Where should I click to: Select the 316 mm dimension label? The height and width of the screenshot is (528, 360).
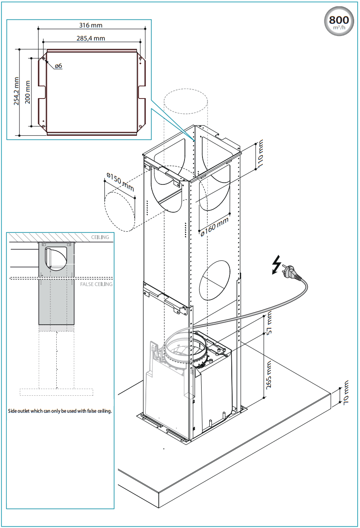(90, 25)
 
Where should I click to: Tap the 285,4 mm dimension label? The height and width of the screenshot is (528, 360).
(90, 38)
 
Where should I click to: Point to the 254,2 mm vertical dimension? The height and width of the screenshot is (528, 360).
(16, 91)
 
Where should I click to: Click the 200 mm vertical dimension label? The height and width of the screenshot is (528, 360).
(28, 92)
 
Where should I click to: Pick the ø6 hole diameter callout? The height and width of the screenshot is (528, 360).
(58, 66)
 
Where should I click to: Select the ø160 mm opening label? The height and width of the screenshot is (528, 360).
(215, 224)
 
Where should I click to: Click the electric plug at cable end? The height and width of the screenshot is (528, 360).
(288, 273)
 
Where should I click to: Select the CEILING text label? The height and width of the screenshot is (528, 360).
(100, 237)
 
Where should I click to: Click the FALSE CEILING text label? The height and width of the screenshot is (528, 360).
(96, 284)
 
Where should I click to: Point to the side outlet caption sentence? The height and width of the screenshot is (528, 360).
(60, 411)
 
